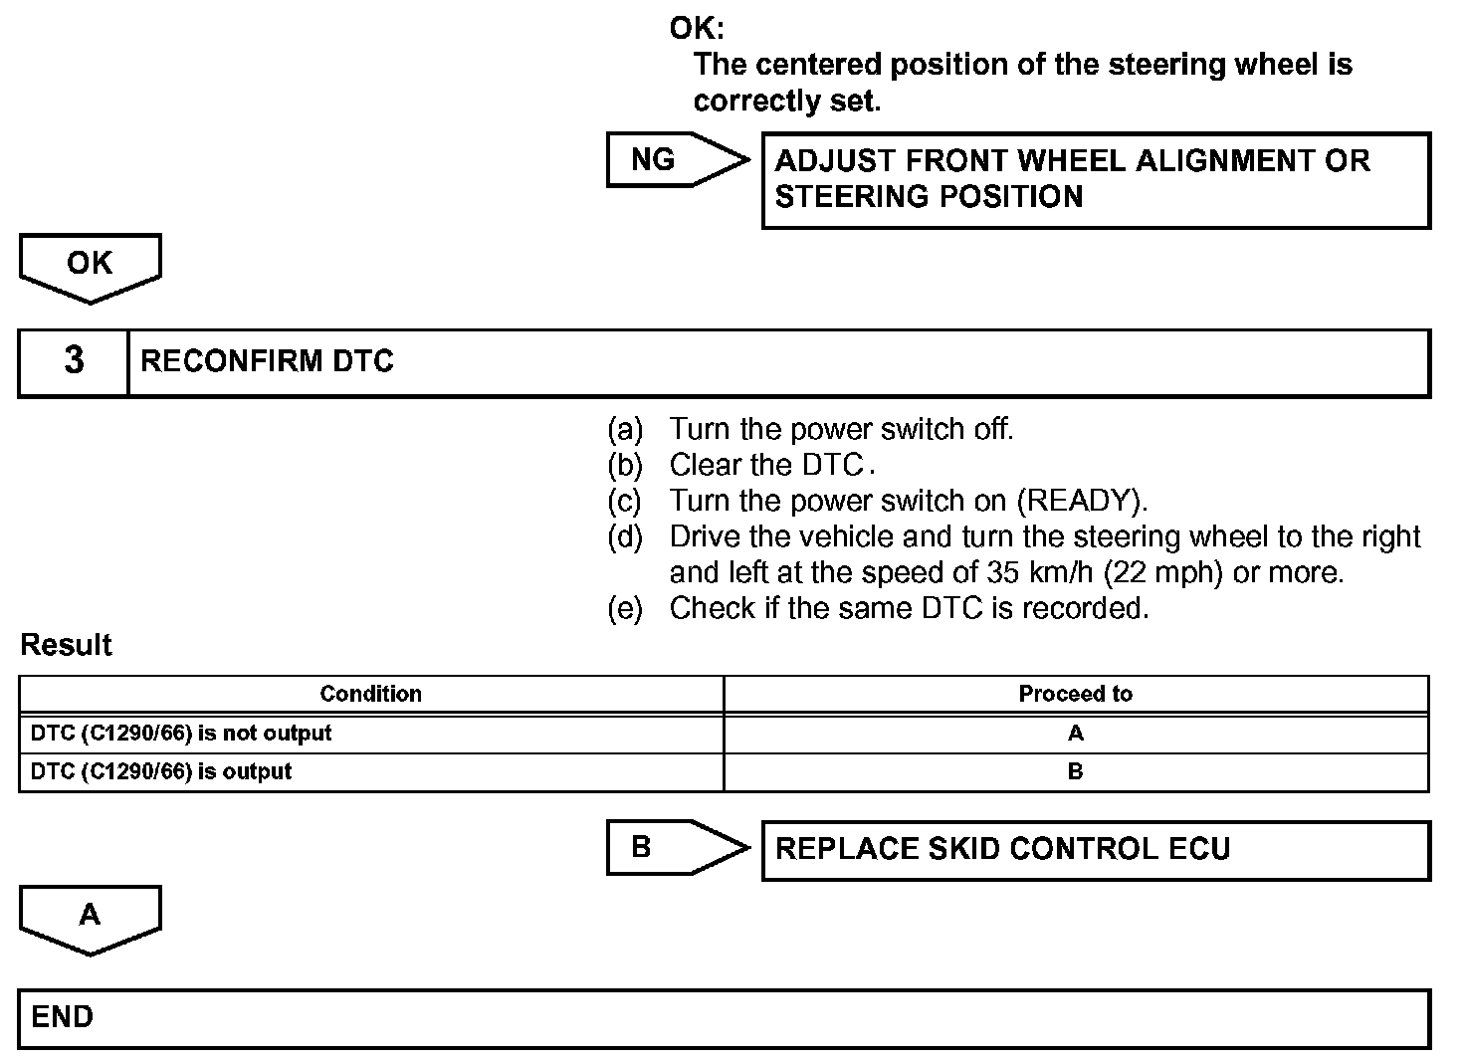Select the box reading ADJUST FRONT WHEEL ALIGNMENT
point(1095,180)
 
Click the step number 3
point(74,361)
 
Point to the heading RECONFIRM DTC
point(268,361)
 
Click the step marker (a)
point(625,429)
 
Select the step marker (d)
point(625,537)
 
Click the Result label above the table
point(66,645)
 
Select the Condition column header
point(370,694)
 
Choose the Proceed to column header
point(1075,694)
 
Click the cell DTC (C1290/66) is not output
point(181,734)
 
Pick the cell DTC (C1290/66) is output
point(161,771)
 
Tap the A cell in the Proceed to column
point(1075,734)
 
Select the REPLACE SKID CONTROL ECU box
point(1095,850)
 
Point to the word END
point(63,1017)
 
